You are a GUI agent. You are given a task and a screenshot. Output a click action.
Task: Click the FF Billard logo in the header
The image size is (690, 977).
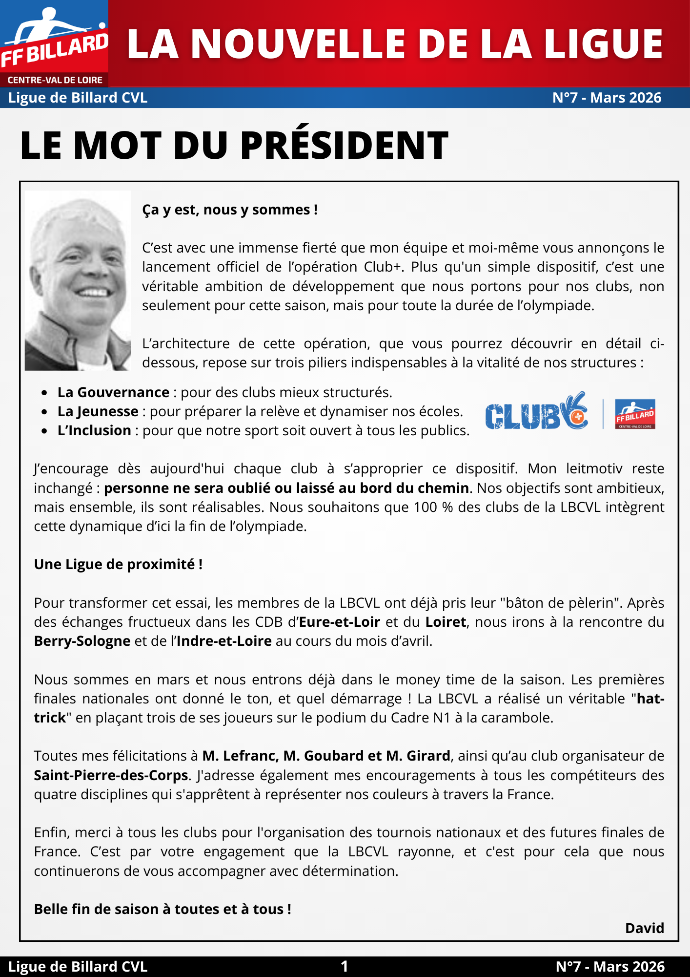tap(54, 44)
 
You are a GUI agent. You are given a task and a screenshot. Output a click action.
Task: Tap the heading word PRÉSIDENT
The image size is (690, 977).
tap(344, 145)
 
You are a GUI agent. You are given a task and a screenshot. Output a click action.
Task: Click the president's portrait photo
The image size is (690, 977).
tap(78, 280)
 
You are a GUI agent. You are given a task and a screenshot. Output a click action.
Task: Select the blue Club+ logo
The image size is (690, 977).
tap(536, 412)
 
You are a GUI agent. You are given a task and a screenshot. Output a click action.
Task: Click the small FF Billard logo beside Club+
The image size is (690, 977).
tap(635, 414)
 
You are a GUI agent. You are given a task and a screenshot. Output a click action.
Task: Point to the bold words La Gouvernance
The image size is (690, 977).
tap(113, 392)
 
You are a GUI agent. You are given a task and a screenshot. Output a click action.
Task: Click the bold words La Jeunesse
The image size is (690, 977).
tap(98, 411)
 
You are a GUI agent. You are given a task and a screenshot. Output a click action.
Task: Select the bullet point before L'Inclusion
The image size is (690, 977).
tap(44, 431)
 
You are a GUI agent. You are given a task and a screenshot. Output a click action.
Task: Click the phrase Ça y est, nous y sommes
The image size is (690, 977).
tap(230, 210)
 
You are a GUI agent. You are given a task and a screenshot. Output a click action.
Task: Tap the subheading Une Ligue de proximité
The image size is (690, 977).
tap(118, 564)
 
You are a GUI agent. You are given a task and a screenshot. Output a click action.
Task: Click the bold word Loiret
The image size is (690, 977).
tap(446, 622)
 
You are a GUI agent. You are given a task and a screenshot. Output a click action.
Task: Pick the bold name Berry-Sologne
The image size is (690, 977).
tap(82, 641)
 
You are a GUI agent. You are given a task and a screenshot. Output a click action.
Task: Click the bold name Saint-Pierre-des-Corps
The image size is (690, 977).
tap(111, 775)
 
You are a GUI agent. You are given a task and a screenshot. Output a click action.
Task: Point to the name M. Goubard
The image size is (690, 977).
tap(325, 756)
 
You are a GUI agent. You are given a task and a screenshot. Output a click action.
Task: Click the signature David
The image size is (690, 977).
tap(644, 928)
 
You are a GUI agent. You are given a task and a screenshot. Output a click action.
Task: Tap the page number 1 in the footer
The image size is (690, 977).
tap(345, 966)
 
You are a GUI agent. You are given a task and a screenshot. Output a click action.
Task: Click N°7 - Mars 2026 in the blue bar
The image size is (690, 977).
tap(607, 98)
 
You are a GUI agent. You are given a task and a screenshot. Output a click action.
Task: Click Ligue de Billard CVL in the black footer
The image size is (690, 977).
tap(78, 966)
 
